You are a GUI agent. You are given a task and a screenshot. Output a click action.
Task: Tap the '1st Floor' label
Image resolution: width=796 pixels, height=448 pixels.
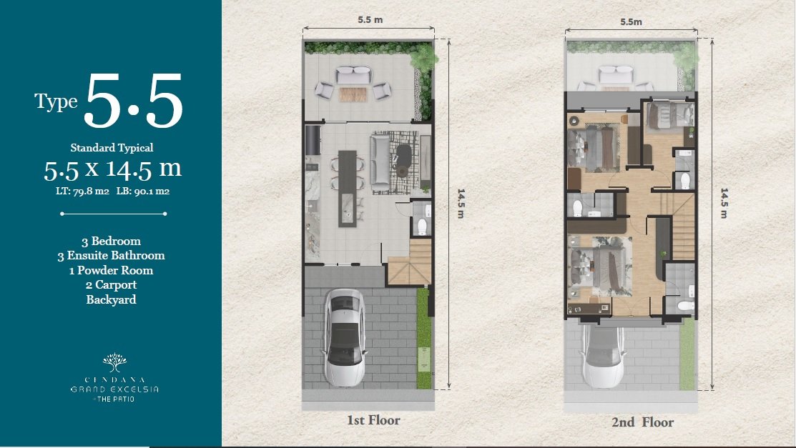[373, 420]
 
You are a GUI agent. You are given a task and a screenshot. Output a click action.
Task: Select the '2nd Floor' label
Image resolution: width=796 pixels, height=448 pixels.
[643, 422]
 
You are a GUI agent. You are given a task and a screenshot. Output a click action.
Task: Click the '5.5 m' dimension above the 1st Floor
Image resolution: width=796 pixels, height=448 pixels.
[370, 20]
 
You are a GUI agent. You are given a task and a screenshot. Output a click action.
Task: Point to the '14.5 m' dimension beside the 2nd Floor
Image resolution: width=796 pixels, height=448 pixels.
[724, 203]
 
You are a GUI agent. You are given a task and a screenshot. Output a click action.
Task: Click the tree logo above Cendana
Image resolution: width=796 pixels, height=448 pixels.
[114, 362]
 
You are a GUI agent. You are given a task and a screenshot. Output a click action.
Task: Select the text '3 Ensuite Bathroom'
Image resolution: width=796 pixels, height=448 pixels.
[111, 255]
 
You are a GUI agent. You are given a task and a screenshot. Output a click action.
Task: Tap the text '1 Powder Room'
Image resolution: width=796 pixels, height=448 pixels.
[111, 270]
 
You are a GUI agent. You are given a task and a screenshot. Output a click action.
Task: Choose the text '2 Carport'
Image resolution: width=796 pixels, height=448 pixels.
[111, 284]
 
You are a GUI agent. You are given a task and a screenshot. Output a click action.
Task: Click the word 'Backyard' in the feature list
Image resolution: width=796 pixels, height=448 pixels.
[111, 299]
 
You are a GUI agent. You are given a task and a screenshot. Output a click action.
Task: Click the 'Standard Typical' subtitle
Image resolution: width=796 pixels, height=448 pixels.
[112, 148]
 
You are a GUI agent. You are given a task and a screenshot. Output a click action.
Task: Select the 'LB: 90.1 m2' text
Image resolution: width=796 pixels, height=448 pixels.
[142, 191]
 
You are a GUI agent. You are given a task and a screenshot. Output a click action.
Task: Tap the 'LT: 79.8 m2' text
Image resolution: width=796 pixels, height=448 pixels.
[82, 191]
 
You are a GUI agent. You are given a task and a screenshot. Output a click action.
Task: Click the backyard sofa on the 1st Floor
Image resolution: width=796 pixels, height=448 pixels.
[353, 75]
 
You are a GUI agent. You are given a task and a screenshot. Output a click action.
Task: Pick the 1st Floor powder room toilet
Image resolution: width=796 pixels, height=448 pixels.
[422, 227]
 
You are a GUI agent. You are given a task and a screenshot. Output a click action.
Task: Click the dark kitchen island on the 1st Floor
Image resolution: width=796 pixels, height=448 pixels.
[348, 188]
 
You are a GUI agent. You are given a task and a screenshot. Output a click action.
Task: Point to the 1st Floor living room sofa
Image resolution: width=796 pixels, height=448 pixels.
[379, 162]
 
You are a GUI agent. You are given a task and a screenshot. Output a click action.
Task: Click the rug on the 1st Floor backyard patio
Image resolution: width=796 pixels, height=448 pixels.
[353, 94]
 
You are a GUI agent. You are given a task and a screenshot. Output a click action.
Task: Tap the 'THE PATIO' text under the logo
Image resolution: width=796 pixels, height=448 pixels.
[115, 399]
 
